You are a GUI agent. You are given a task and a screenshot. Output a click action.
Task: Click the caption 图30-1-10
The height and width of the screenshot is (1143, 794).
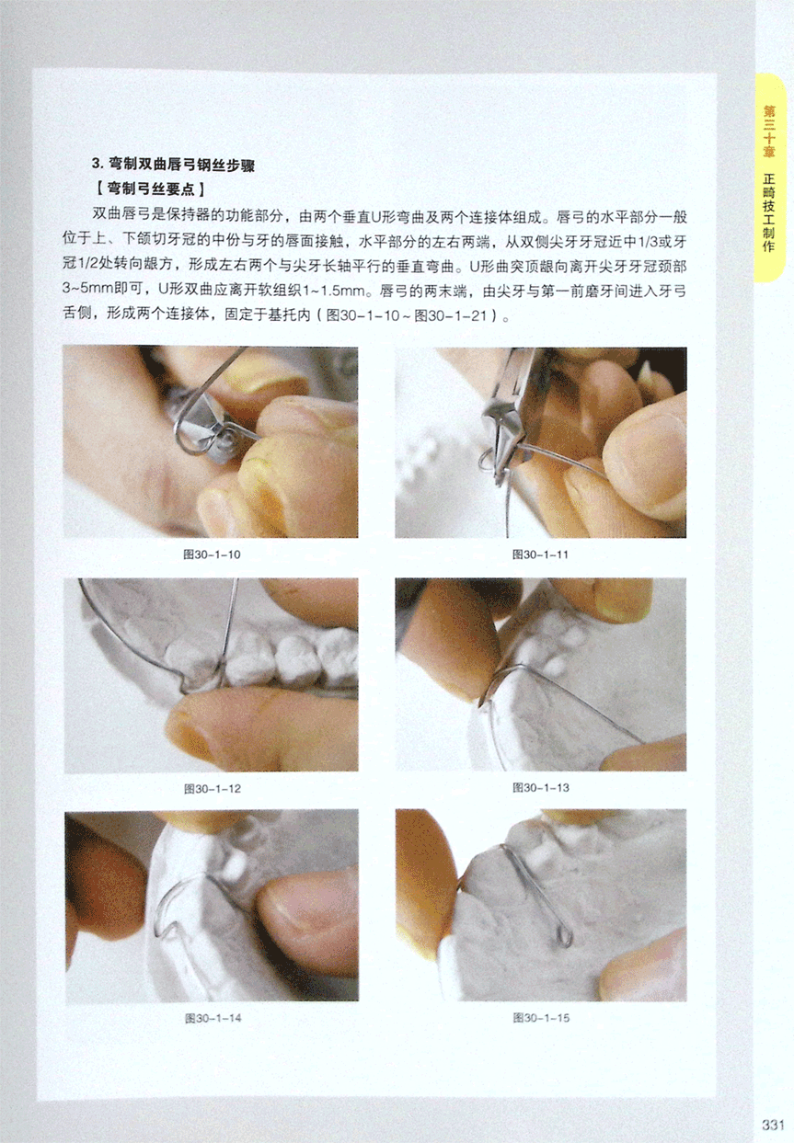pyautogui.click(x=212, y=554)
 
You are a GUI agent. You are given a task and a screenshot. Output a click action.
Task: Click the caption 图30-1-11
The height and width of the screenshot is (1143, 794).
pyautogui.click(x=540, y=554)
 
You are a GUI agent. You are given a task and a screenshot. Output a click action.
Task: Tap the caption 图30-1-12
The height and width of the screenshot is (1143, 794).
pyautogui.click(x=213, y=789)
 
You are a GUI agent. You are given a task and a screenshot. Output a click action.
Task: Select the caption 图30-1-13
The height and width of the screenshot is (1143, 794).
pyautogui.click(x=541, y=788)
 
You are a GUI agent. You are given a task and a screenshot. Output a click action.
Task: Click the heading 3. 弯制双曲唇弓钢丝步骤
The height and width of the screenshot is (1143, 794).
pyautogui.click(x=173, y=166)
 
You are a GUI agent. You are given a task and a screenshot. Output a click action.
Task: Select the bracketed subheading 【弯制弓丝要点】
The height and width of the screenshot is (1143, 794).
pyautogui.click(x=150, y=189)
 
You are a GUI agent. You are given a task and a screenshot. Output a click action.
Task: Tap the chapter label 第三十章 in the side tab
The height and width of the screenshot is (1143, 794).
pyautogui.click(x=769, y=131)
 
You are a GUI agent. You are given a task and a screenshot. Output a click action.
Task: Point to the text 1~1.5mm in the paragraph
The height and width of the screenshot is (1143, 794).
pyautogui.click(x=336, y=291)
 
